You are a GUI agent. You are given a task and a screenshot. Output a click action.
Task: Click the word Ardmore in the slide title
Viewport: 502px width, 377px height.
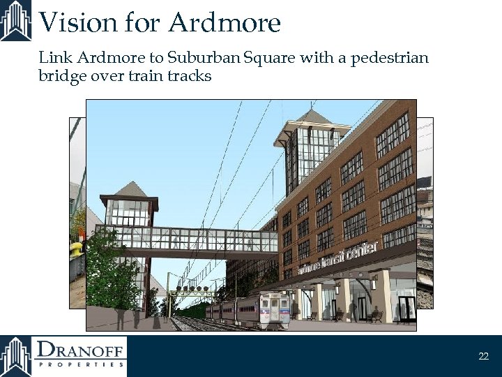click(x=225, y=22)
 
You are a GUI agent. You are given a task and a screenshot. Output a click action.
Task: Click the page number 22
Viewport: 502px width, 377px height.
click(x=483, y=356)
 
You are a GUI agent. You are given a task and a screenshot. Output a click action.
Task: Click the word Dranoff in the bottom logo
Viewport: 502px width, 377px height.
click(x=81, y=349)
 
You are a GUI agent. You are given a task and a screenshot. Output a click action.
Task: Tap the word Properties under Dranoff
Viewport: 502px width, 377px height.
click(x=81, y=364)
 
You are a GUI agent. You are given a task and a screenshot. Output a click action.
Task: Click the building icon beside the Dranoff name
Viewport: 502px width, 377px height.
click(x=16, y=356)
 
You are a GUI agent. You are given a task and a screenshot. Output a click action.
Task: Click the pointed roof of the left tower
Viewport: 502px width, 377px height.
click(x=130, y=188)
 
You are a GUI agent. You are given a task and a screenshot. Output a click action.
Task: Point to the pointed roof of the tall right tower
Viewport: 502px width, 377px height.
click(x=310, y=118)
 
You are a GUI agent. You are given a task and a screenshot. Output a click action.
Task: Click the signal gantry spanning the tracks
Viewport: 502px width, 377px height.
click(x=192, y=288)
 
